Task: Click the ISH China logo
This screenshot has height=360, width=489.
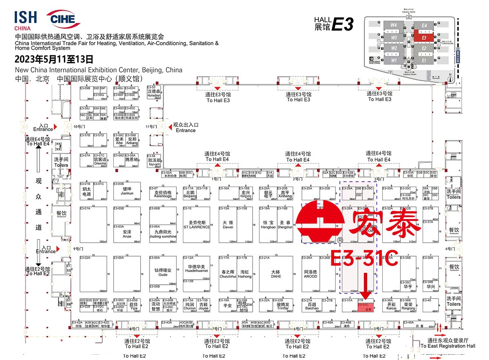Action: pyautogui.click(x=25, y=20)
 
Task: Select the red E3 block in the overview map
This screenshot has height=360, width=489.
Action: pyautogui.click(x=424, y=38)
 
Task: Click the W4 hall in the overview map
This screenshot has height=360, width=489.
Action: pyautogui.click(x=394, y=25)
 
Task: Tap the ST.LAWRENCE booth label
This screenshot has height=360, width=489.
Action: pyautogui.click(x=196, y=227)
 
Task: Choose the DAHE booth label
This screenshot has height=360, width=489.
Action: pyautogui.click(x=276, y=277)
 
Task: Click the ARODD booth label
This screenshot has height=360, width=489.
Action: pyautogui.click(x=310, y=277)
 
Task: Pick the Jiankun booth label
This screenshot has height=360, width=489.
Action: pyautogui.click(x=127, y=193)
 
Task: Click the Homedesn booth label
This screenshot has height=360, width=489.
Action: pyautogui.click(x=154, y=97)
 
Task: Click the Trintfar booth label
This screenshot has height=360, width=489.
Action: pyautogui.click(x=283, y=308)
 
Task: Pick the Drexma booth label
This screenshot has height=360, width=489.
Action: pyautogui.click(x=100, y=165)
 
